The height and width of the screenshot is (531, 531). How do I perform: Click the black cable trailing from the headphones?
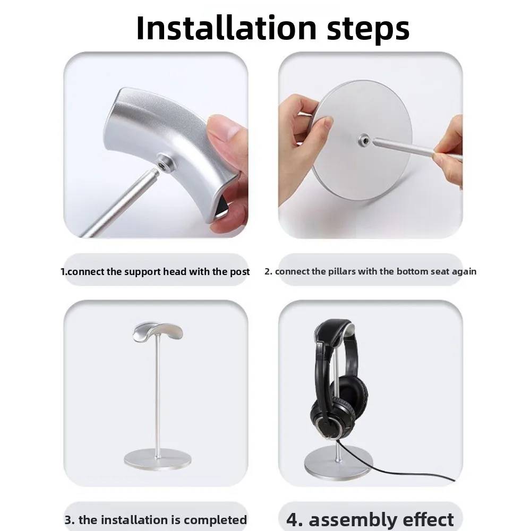404,470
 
